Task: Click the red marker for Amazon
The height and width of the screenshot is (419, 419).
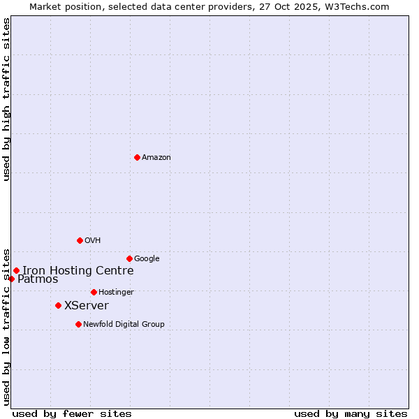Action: (137, 157)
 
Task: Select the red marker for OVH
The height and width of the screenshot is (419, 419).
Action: (80, 240)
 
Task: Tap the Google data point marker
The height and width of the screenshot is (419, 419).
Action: (129, 258)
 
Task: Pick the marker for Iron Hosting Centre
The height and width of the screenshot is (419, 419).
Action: (16, 270)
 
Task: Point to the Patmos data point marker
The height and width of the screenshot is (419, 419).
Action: (11, 279)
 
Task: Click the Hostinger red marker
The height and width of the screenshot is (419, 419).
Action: (94, 292)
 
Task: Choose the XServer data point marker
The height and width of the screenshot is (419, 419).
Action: (58, 305)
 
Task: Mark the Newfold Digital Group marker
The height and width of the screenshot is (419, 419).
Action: (78, 324)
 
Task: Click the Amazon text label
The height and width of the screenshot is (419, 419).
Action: (156, 158)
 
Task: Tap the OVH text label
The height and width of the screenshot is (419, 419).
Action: (93, 241)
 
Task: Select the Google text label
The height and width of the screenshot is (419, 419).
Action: (147, 259)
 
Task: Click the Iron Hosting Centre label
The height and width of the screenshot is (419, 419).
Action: (78, 271)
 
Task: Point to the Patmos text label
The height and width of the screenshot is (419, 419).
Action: (38, 279)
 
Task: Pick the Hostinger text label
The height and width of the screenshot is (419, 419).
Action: (116, 293)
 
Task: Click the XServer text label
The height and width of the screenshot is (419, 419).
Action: (87, 306)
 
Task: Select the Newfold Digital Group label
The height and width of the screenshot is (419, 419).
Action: (124, 325)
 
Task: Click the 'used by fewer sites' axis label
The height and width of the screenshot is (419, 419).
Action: (72, 414)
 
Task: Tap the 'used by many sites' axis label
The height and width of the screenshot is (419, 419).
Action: (351, 414)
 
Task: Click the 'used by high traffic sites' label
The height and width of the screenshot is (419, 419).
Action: (7, 99)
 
